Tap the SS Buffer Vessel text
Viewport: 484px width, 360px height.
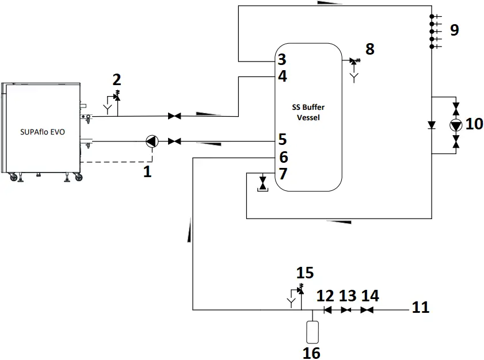pyautogui.click(x=308, y=113)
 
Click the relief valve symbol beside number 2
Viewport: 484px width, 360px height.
pyautogui.click(x=117, y=96)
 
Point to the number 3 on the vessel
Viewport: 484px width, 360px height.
pyautogui.click(x=281, y=60)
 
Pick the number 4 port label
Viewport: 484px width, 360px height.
pyautogui.click(x=282, y=76)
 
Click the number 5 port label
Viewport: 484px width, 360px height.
pyautogui.click(x=282, y=140)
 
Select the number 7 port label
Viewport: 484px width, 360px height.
pyautogui.click(x=282, y=173)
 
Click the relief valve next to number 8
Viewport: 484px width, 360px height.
pyautogui.click(x=353, y=60)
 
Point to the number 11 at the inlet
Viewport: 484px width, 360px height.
pyautogui.click(x=421, y=308)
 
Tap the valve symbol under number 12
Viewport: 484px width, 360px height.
pyautogui.click(x=327, y=310)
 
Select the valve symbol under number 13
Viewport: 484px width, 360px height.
pyautogui.click(x=346, y=310)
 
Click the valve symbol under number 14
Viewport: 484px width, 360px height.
pyautogui.click(x=367, y=310)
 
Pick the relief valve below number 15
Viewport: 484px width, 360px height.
pyautogui.click(x=300, y=289)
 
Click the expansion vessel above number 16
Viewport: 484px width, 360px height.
pyautogui.click(x=312, y=331)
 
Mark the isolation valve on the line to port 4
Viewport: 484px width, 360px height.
pyautogui.click(x=173, y=116)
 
